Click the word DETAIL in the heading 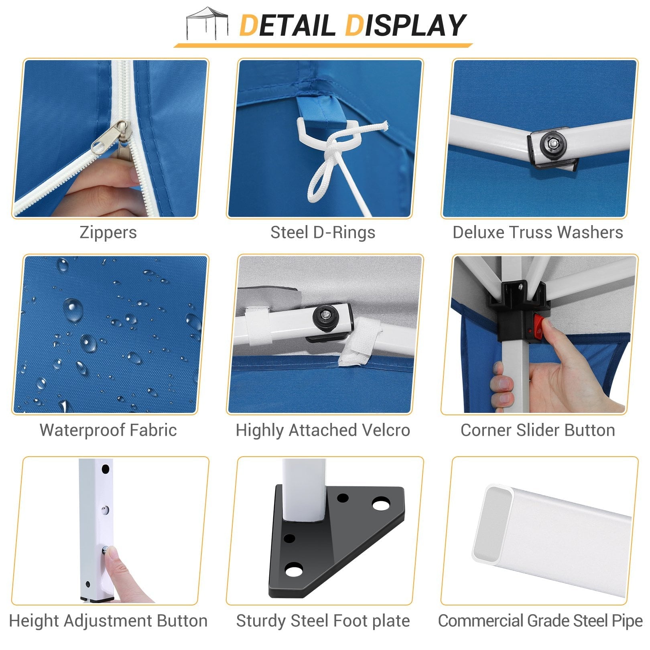point(287,25)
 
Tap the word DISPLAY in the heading point(405,25)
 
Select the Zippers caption point(108,232)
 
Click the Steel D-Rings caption point(323,232)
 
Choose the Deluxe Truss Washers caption point(538,232)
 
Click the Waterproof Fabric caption point(108,430)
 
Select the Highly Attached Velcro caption point(323,430)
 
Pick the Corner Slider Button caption point(538,430)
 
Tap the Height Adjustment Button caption point(108,621)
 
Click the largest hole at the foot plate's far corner point(381,503)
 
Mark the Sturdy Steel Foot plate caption point(323,621)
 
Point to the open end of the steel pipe point(493,524)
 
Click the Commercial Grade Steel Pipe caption point(540,621)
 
